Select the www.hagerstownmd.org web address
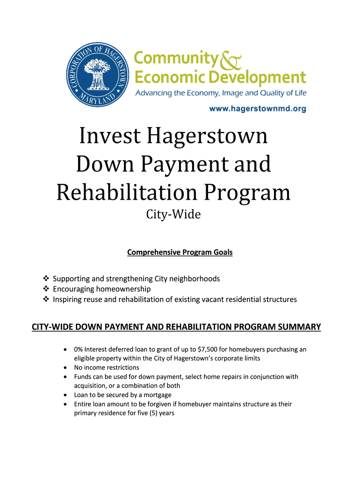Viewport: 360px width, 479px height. (x=257, y=109)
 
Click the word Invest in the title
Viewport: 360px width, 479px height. (x=109, y=136)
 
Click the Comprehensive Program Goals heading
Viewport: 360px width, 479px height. (x=180, y=253)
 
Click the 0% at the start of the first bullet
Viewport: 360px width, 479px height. (x=79, y=349)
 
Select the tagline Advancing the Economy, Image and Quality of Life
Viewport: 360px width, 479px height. (x=221, y=94)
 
